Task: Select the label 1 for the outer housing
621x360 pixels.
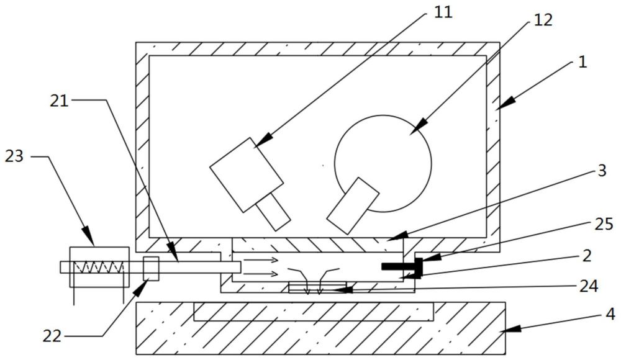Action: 581,62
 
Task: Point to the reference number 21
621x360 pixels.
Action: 59,101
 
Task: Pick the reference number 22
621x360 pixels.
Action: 52,336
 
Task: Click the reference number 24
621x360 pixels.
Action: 589,286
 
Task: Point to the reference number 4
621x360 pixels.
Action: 610,314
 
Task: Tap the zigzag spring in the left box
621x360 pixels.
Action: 99,268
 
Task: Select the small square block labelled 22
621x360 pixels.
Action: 152,268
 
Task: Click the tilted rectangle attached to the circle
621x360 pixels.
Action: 353,205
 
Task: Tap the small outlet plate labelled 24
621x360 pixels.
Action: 318,287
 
